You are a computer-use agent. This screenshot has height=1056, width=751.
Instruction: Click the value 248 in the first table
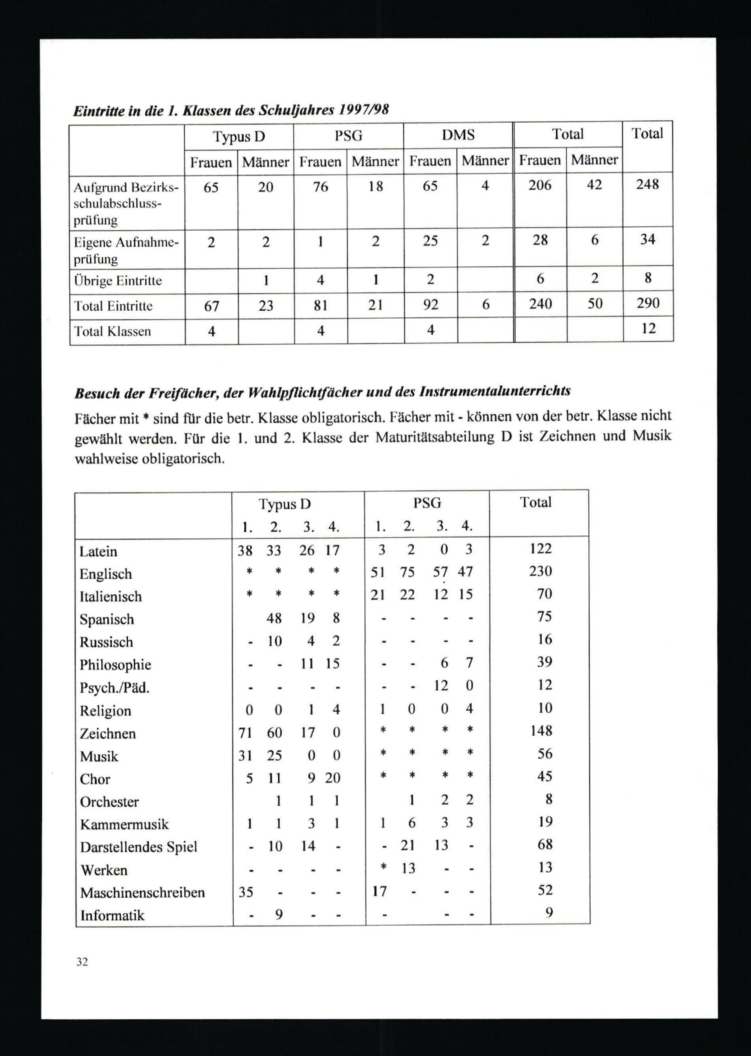tap(647, 184)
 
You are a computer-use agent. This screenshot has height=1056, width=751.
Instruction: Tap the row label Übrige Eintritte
tap(118, 281)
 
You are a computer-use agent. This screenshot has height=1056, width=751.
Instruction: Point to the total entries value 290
tap(647, 303)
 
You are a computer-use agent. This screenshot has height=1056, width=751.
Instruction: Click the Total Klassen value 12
tap(649, 328)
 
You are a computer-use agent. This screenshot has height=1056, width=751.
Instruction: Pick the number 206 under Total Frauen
tap(540, 185)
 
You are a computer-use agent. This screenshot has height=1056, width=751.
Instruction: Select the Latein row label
tap(98, 551)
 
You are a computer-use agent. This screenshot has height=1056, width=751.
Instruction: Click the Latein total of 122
tap(541, 548)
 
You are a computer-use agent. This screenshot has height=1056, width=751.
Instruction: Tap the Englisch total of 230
tap(541, 571)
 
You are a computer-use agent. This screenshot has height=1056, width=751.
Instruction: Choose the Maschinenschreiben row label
tap(142, 892)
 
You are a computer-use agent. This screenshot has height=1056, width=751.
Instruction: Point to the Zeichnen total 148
tap(541, 730)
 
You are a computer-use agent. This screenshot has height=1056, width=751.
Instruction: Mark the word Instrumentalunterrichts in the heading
tap(495, 391)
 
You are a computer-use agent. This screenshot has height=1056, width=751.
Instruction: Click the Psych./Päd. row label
tap(114, 688)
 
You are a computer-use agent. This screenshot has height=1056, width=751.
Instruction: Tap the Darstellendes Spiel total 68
tap(545, 844)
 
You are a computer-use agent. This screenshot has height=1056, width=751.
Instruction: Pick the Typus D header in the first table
tap(238, 137)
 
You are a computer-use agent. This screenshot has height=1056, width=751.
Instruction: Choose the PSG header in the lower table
tap(427, 503)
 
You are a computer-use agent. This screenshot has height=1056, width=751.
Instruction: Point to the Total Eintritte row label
tap(113, 306)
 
